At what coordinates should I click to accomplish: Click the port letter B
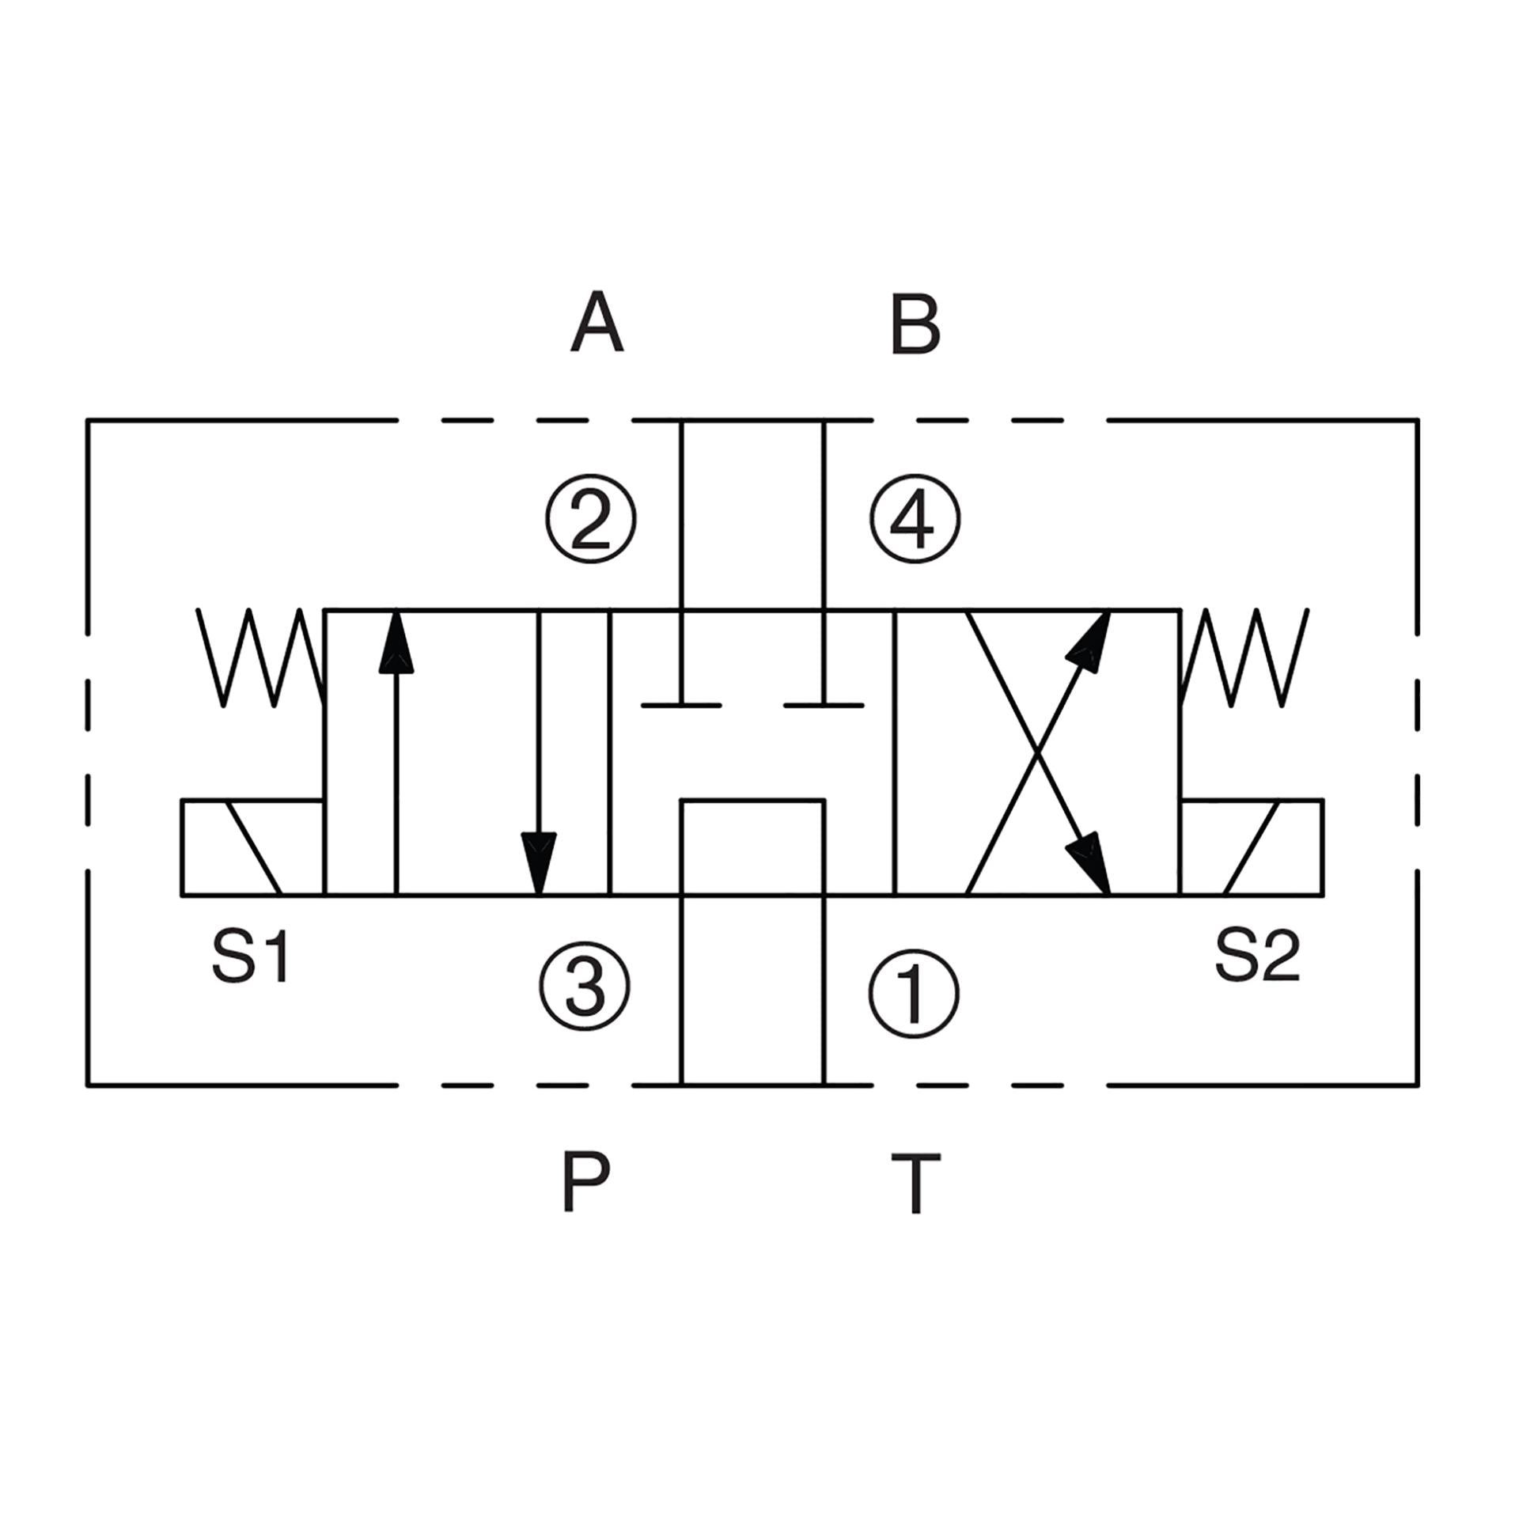[915, 323]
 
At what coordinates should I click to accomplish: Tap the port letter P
[585, 1181]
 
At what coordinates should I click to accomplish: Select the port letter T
[916, 1184]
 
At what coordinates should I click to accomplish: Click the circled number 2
[590, 519]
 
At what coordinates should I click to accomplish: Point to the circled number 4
[915, 519]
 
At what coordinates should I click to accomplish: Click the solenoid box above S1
[252, 847]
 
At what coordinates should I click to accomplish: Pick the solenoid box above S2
[1252, 847]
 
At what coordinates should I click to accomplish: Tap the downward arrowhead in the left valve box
[539, 863]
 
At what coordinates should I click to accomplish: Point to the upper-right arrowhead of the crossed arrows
[1089, 639]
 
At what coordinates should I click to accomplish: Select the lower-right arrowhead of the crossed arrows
[1089, 866]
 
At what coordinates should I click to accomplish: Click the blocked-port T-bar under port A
[680, 703]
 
